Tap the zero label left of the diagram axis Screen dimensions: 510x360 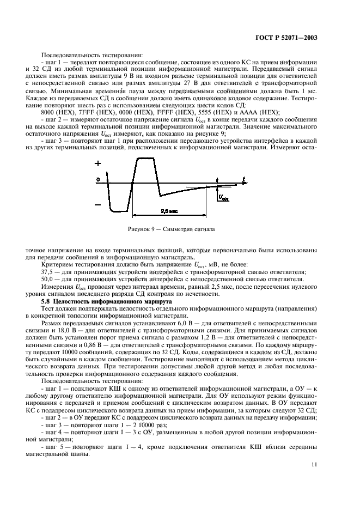98,179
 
